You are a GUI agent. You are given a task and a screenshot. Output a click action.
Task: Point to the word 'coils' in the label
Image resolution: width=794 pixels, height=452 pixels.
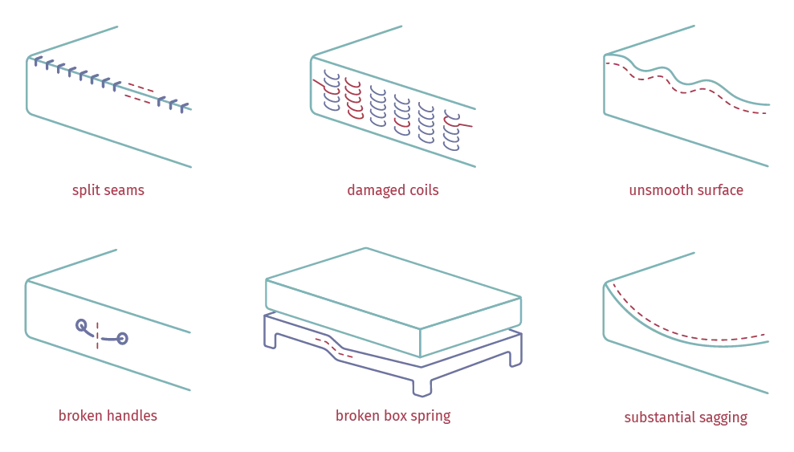click(x=425, y=191)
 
